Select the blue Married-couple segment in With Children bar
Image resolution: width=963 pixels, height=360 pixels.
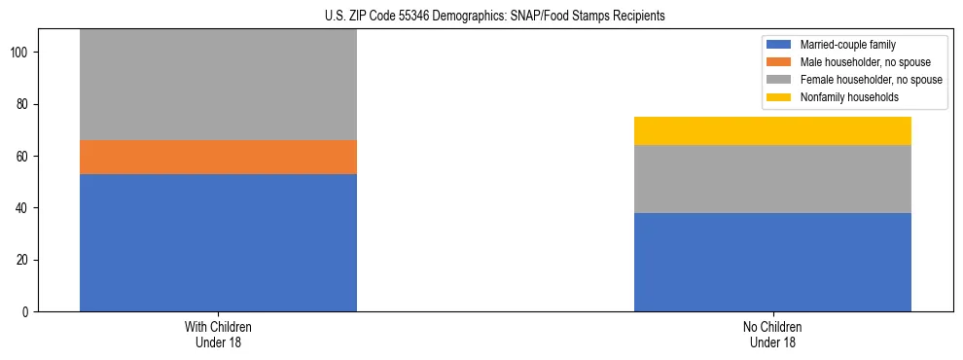(218, 242)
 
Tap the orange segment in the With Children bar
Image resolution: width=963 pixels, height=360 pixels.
(218, 157)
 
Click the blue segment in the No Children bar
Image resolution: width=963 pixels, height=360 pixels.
(772, 262)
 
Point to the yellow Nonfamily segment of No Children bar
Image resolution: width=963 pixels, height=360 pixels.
(772, 130)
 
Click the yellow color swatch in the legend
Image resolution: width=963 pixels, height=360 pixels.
(779, 97)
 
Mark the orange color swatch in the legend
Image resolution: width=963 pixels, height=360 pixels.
(779, 62)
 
